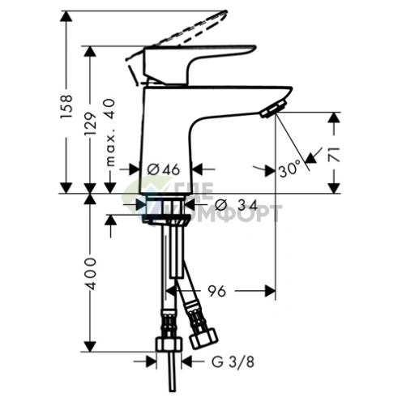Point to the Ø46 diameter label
(165, 169)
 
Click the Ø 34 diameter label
(239, 203)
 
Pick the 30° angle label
(289, 169)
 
